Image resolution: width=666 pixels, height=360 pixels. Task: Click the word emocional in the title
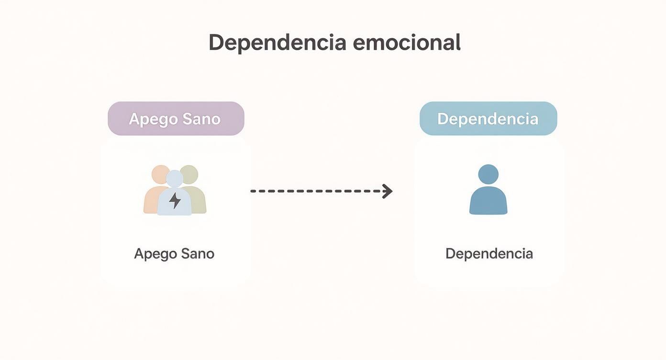[x=407, y=42]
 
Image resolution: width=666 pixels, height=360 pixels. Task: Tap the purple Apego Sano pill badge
[x=176, y=118]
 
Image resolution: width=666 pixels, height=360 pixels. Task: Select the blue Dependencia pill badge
[x=488, y=118]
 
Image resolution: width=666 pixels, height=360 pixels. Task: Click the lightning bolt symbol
[x=175, y=200]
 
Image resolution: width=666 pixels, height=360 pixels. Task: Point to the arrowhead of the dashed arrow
[x=388, y=191]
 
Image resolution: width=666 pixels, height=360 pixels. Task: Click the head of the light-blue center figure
[x=175, y=179]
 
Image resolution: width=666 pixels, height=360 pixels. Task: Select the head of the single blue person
[x=488, y=174]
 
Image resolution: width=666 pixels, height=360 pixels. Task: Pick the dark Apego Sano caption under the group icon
[x=174, y=254]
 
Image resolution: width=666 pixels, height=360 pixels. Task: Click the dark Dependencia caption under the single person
[x=489, y=254]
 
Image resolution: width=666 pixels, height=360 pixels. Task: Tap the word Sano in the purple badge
[x=201, y=119]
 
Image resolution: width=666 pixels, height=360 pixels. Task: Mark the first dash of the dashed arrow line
[x=253, y=191]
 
